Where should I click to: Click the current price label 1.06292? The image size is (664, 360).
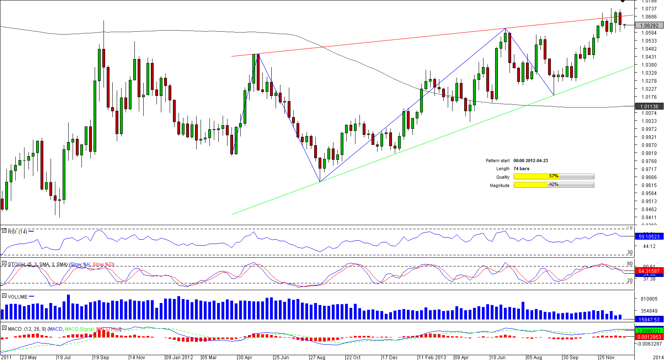click(x=649, y=25)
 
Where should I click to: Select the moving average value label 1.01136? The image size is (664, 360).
click(x=649, y=106)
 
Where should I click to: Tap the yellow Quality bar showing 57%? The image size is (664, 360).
click(x=554, y=177)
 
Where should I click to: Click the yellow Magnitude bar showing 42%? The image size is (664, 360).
click(x=554, y=185)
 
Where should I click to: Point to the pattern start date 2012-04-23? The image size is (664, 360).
click(x=530, y=161)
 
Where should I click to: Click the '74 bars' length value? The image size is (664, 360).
click(x=521, y=169)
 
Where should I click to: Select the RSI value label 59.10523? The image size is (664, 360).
click(x=649, y=236)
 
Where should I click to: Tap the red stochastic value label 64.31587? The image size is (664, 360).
click(x=649, y=271)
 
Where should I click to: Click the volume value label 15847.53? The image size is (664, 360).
click(x=649, y=319)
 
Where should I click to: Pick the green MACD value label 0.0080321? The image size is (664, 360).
click(x=649, y=331)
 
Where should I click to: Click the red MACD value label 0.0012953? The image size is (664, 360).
click(x=649, y=337)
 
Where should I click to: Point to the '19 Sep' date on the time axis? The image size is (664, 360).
click(x=101, y=357)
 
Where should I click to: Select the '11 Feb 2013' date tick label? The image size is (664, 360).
click(x=432, y=357)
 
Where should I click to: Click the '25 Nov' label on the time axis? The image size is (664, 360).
click(x=607, y=357)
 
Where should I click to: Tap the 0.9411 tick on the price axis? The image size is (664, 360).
click(x=649, y=218)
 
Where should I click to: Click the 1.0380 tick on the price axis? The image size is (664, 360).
click(x=649, y=65)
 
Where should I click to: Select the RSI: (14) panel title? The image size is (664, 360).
click(x=17, y=232)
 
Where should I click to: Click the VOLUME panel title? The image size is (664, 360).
click(x=18, y=297)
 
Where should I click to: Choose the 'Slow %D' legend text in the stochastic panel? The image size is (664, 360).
click(x=103, y=264)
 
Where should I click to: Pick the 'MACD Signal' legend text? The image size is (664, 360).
click(x=79, y=329)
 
